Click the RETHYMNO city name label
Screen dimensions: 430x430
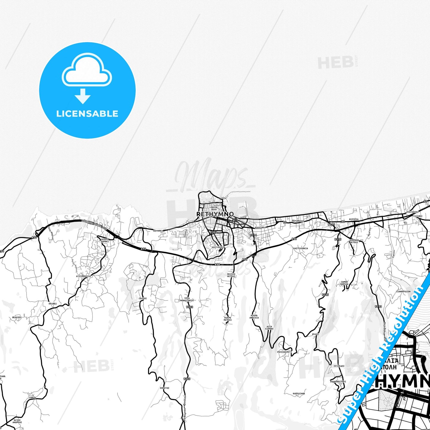click(x=215, y=214)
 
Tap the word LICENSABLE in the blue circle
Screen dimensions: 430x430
click(x=87, y=114)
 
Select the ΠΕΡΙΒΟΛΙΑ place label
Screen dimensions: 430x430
click(x=298, y=221)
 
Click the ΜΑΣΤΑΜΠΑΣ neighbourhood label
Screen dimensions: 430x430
click(x=218, y=247)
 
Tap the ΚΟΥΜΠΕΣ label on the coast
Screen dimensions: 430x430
click(x=158, y=231)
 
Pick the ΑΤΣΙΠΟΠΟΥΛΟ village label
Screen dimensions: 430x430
click(x=83, y=276)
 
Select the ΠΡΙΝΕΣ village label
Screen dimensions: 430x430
click(x=53, y=304)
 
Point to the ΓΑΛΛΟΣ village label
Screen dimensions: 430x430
click(x=143, y=298)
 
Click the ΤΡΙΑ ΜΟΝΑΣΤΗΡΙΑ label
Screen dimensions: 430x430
click(x=187, y=299)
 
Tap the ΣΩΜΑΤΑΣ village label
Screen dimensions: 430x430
click(x=165, y=388)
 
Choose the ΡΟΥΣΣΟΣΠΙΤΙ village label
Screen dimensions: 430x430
click(x=284, y=352)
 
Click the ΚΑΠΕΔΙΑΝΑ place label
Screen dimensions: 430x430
click(x=299, y=393)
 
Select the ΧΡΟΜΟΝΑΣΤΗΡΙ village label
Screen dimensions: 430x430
click(x=338, y=381)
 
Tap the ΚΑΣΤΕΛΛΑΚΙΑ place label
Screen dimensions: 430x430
click(x=301, y=248)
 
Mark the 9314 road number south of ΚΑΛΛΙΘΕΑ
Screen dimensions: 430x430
click(x=254, y=235)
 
